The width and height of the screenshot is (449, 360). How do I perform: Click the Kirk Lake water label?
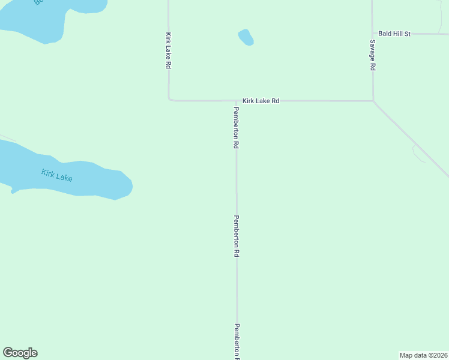(57, 176)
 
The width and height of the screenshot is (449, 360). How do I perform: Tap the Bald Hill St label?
(394, 34)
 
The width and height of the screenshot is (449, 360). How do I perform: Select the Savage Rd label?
(373, 56)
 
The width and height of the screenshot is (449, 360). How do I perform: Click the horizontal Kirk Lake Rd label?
(261, 101)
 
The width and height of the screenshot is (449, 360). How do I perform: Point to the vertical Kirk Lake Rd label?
(169, 50)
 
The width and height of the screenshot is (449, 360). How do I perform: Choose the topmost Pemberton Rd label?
(237, 127)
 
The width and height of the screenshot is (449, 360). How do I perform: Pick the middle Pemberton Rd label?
(237, 236)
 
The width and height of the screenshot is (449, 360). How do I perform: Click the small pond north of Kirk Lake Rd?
(246, 37)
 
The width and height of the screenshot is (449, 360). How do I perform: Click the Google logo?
(20, 353)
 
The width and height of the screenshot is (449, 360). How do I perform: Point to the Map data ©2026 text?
(423, 355)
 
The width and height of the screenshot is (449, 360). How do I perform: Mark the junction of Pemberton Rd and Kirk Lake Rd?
(236, 101)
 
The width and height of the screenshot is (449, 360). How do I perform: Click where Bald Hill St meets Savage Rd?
(372, 34)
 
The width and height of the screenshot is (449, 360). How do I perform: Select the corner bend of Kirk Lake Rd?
(169, 100)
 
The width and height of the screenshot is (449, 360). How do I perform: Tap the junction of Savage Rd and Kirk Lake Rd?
(373, 101)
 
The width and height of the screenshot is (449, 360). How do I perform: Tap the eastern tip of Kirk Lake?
(130, 185)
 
